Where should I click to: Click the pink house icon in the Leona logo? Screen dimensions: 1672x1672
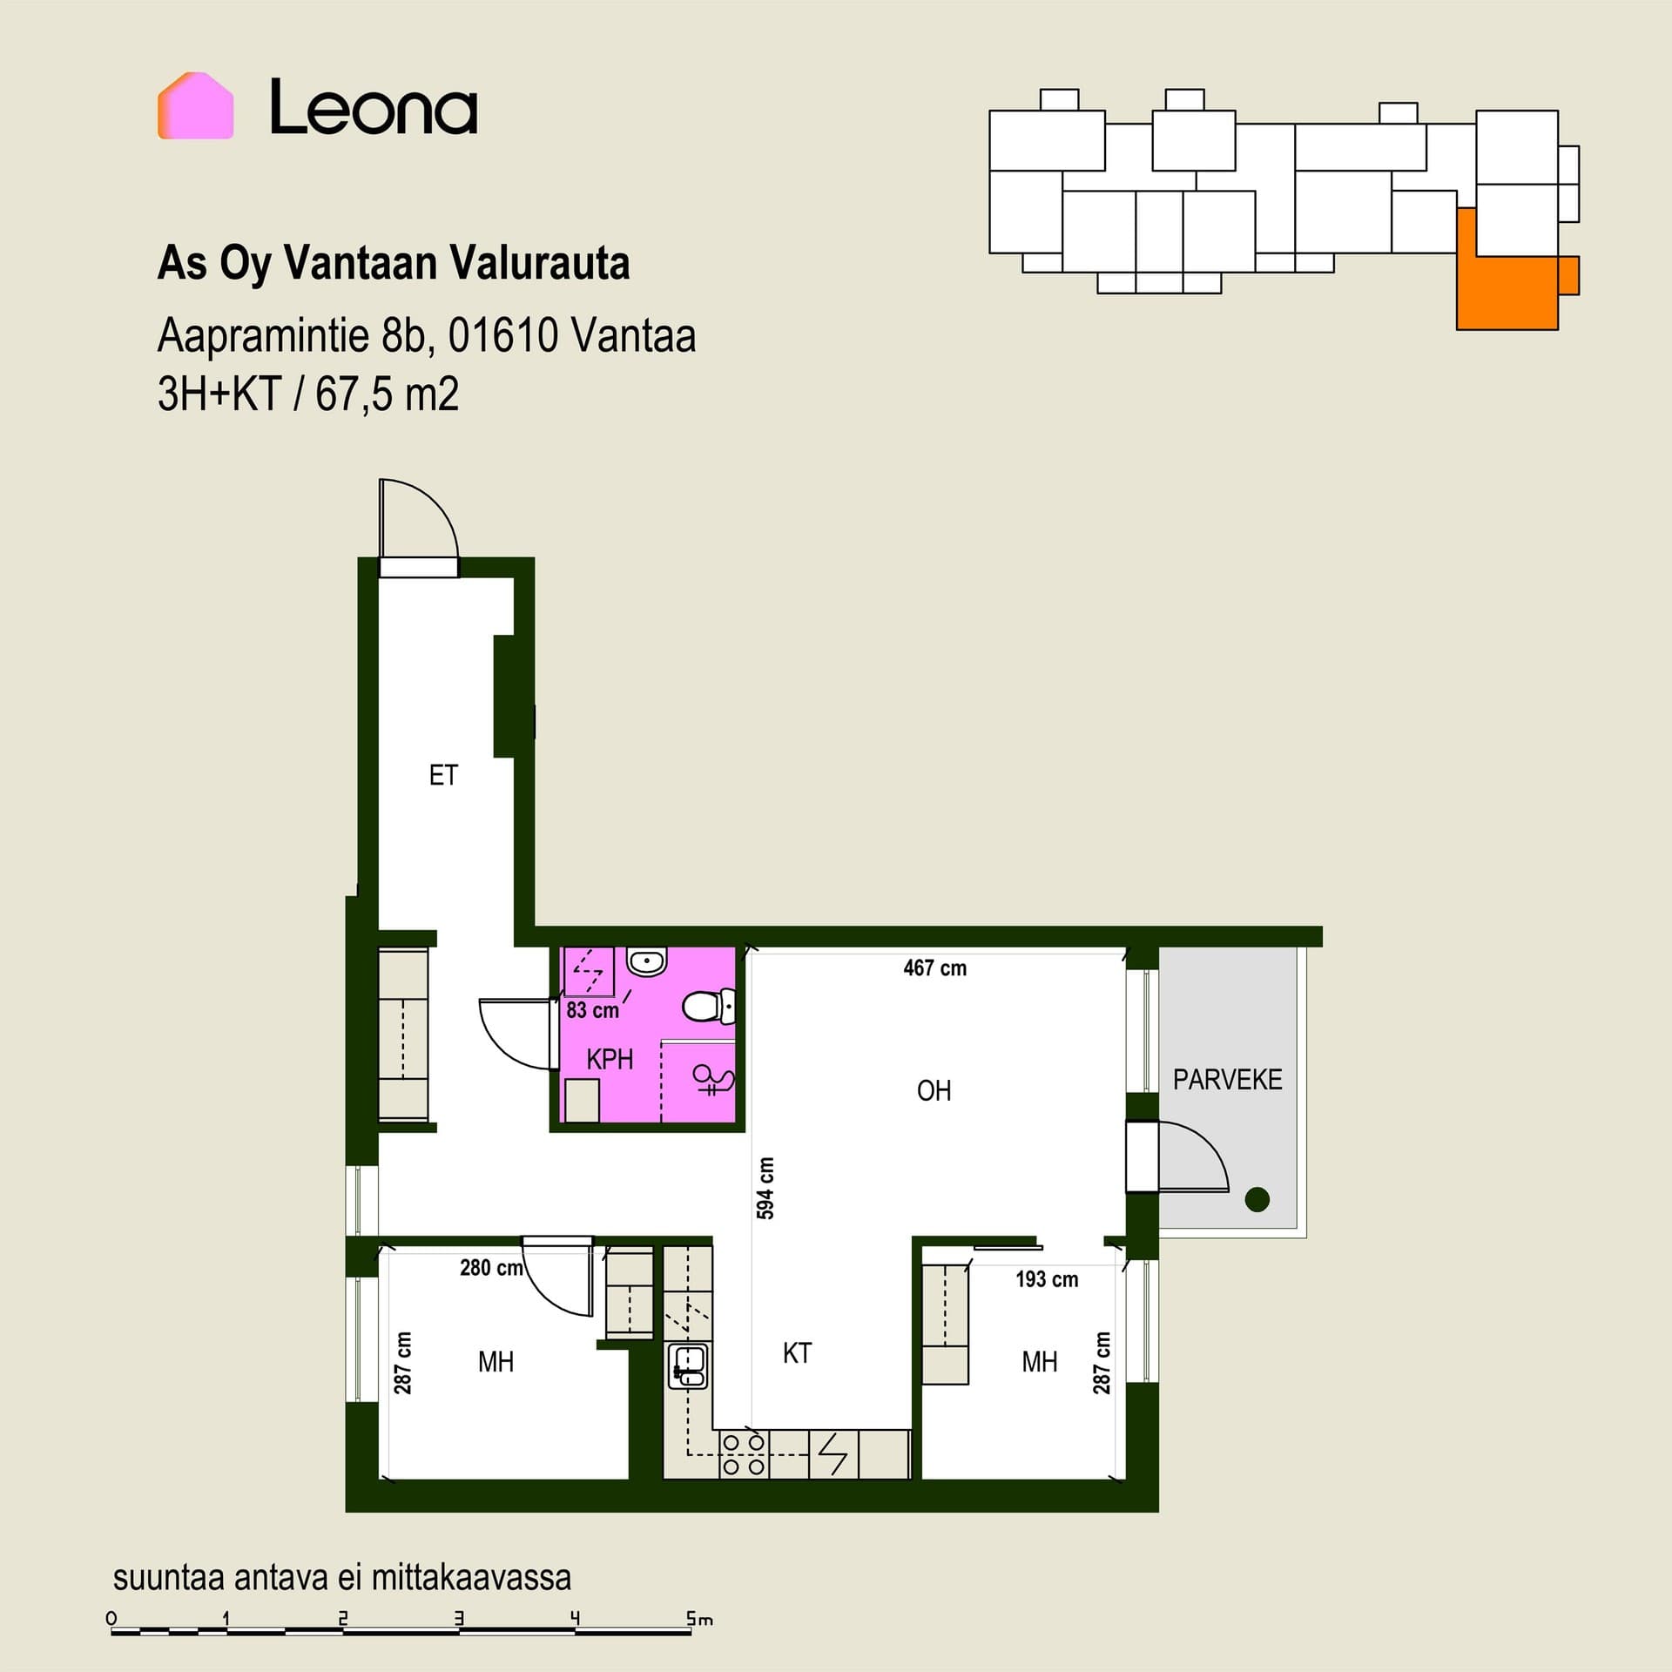point(195,105)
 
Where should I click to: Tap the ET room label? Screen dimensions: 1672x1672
point(443,775)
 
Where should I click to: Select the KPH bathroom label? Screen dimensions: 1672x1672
point(610,1059)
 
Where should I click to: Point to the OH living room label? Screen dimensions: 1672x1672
point(934,1090)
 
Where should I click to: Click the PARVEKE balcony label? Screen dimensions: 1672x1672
point(1227,1080)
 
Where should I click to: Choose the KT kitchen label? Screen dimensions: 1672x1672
point(797,1352)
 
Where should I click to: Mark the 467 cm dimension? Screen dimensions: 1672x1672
point(934,967)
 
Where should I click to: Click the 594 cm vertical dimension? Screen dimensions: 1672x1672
point(765,1188)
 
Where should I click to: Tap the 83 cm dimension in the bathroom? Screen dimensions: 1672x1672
point(592,1010)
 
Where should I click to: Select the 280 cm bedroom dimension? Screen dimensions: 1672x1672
point(491,1268)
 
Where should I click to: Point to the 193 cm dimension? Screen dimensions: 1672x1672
point(1047,1279)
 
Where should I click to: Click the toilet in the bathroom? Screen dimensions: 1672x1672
point(708,1007)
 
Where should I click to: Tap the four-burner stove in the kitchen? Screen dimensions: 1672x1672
point(744,1454)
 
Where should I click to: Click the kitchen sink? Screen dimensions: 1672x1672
point(688,1366)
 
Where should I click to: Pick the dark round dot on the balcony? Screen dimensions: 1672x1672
point(1257,1199)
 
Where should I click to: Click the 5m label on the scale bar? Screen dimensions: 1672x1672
point(699,1619)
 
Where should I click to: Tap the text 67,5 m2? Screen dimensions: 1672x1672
point(387,394)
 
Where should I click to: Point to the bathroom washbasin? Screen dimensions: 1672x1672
point(646,962)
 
